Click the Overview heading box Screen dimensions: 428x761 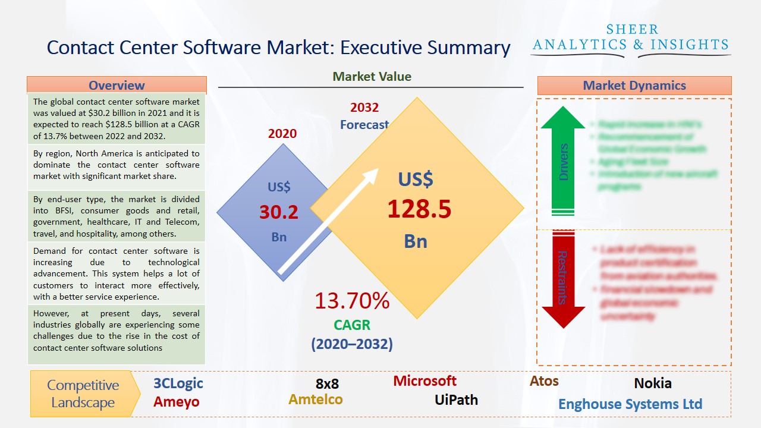[117, 85]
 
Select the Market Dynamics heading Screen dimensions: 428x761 [634, 86]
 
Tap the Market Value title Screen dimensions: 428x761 [372, 76]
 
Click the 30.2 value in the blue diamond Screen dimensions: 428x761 [279, 212]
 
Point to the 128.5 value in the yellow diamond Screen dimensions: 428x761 [419, 209]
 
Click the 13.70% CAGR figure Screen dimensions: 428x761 [352, 301]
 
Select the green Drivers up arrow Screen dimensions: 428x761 [563, 160]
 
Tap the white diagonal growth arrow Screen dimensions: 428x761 [329, 222]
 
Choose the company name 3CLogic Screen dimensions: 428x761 [178, 383]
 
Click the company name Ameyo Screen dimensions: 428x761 [177, 402]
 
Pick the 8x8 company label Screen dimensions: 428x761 [327, 384]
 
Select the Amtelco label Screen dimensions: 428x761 [316, 399]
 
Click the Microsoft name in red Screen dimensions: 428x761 [424, 380]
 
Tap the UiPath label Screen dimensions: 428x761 [456, 399]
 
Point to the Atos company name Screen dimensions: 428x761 [544, 381]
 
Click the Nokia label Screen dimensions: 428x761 [653, 383]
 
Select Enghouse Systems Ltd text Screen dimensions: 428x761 [630, 404]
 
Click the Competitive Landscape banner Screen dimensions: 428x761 [83, 394]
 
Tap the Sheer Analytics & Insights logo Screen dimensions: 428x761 [631, 39]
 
